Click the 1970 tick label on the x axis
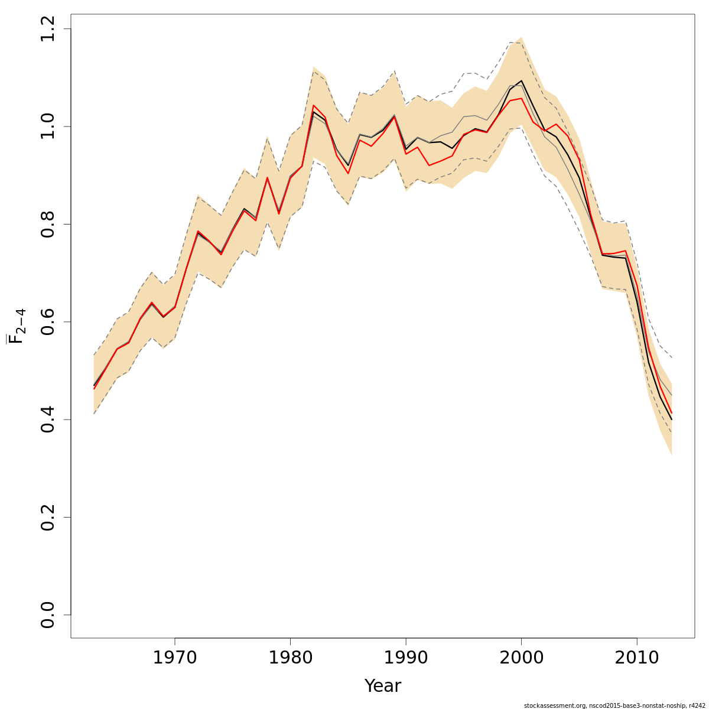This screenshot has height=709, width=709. point(175,658)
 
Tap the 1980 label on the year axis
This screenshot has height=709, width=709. point(290,658)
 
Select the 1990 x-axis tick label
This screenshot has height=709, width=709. point(406,658)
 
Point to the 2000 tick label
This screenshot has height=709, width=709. point(521,658)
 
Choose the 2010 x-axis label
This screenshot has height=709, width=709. point(637,658)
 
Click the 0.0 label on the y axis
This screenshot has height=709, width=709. point(48,614)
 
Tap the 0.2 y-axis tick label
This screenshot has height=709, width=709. point(48,517)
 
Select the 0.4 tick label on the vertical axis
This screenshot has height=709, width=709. point(48,419)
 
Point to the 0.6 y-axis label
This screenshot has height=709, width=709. point(48,322)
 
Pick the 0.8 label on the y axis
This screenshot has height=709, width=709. point(48,225)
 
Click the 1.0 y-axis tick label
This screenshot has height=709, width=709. point(48,126)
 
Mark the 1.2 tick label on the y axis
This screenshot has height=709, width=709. point(48,29)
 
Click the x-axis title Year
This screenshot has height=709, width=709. point(382,686)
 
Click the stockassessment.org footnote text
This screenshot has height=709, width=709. point(614,705)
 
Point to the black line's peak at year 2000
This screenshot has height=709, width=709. point(521,81)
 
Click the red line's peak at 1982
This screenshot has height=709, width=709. point(313,105)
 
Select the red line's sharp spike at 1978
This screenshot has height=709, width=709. point(267,177)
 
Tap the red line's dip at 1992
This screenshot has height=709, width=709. point(429,165)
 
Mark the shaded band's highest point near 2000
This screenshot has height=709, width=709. point(521,38)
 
